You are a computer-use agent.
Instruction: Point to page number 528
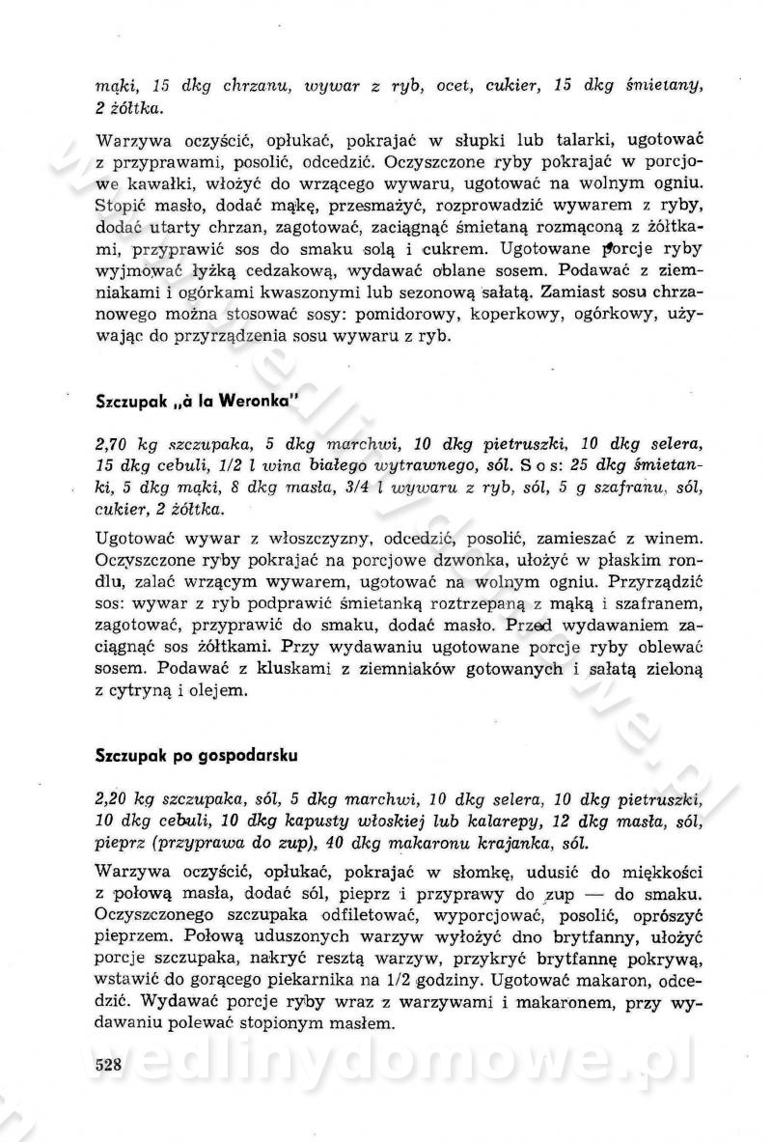pyautogui.click(x=113, y=1065)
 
